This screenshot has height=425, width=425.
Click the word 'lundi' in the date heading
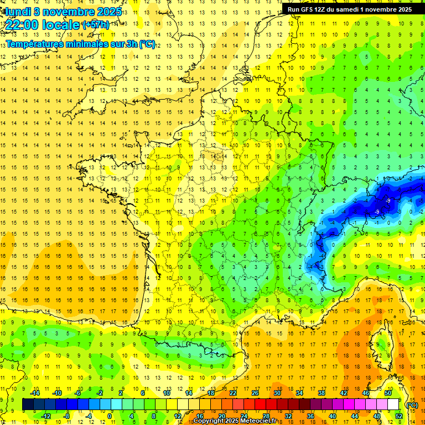click(x=16, y=12)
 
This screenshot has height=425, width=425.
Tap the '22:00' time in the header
click(x=23, y=25)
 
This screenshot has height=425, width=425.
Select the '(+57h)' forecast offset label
click(x=95, y=25)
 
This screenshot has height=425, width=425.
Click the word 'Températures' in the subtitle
click(x=35, y=44)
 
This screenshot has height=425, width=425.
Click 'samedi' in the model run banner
click(x=344, y=9)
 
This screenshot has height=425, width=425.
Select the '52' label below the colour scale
click(x=399, y=416)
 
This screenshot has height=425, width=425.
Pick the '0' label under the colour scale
click(x=110, y=416)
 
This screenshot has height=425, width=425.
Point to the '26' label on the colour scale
click(x=255, y=393)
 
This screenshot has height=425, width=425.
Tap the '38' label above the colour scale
click(x=322, y=393)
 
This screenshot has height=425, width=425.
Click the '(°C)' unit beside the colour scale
click(x=412, y=405)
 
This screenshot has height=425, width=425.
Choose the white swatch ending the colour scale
click(x=393, y=405)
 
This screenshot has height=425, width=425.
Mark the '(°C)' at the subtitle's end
click(x=147, y=44)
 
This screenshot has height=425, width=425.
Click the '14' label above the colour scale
click(x=189, y=393)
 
